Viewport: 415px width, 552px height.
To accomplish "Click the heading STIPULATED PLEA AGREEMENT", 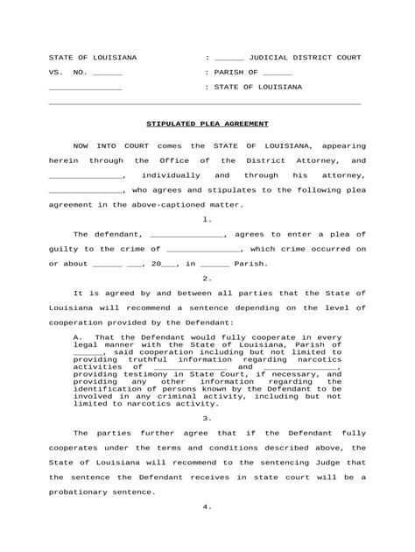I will tap(207, 124).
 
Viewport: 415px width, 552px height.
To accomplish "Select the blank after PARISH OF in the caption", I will tap(278, 73).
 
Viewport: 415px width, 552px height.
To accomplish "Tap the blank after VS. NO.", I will tap(107, 73).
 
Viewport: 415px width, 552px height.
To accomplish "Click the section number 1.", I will tap(207, 219).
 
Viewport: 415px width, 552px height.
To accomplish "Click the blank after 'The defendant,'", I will tap(186, 234).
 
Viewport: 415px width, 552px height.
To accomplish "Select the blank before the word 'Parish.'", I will tap(215, 264).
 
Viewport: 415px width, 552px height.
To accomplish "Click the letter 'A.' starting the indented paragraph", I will tap(78, 336).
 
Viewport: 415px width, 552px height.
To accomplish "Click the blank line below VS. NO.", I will tap(85, 88).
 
